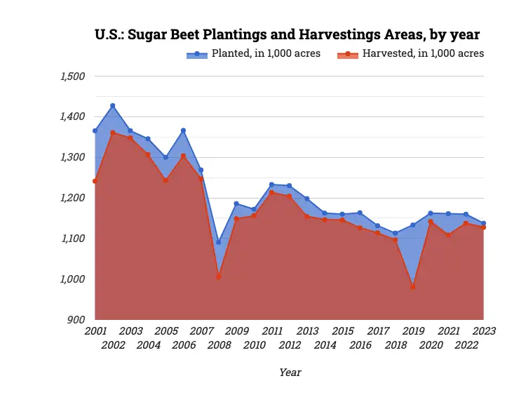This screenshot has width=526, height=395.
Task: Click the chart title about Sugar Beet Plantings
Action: pyautogui.click(x=287, y=34)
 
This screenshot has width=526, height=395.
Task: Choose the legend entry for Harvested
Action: pyautogui.click(x=410, y=54)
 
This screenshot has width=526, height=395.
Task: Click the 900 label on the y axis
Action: pyautogui.click(x=76, y=320)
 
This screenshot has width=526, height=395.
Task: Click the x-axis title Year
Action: pyautogui.click(x=290, y=373)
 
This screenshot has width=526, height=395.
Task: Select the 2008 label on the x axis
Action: pyautogui.click(x=219, y=344)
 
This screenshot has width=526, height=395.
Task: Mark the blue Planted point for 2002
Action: pyautogui.click(x=113, y=106)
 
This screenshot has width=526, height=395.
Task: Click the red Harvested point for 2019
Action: pyautogui.click(x=413, y=287)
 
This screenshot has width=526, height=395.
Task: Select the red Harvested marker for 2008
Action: pyautogui.click(x=219, y=277)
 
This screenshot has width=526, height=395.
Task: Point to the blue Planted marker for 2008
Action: pyautogui.click(x=219, y=242)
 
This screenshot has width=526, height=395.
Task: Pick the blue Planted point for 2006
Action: pyautogui.click(x=184, y=130)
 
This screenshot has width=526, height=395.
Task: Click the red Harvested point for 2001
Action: pyautogui.click(x=95, y=181)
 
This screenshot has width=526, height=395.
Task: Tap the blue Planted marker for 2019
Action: pyautogui.click(x=413, y=225)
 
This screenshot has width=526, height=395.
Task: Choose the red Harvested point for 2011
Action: pyautogui.click(x=272, y=192)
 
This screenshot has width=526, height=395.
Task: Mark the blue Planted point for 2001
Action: pyautogui.click(x=95, y=130)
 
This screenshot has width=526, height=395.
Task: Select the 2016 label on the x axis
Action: pyautogui.click(x=360, y=344)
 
